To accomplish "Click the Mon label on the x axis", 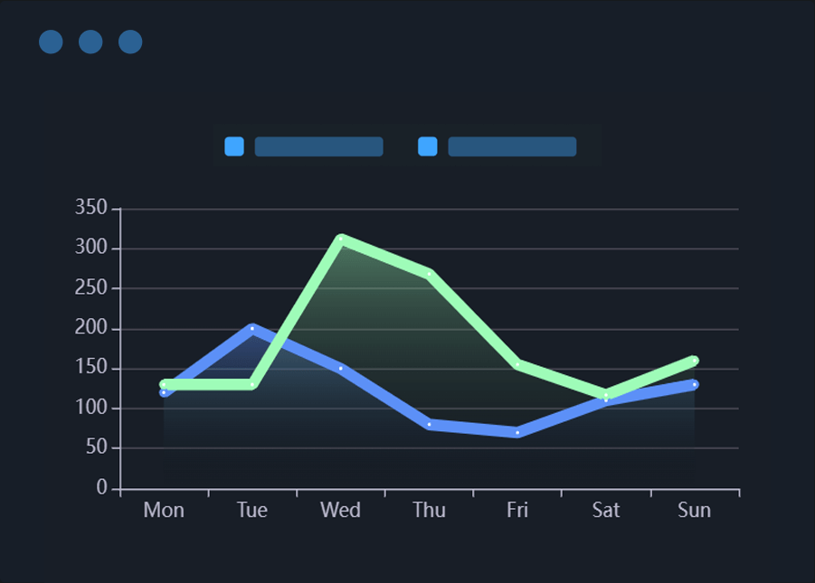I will click(164, 511).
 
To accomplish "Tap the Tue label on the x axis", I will click(252, 511).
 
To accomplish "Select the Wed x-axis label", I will click(340, 511).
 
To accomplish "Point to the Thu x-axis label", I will click(429, 511).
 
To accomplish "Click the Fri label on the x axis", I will click(517, 511).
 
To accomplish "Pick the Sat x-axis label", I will click(606, 511).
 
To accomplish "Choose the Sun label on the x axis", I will click(695, 511).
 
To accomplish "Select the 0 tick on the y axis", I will click(102, 488).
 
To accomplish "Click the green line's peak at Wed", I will click(340, 240).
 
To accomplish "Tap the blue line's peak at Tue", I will click(252, 328).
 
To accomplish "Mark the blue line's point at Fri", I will click(517, 432).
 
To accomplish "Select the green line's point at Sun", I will click(695, 361).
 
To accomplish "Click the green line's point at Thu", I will click(429, 273).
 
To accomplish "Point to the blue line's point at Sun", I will click(695, 384).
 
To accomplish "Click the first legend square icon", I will click(234, 146).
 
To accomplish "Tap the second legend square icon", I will click(428, 146).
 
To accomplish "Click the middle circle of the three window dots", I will click(90, 42).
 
